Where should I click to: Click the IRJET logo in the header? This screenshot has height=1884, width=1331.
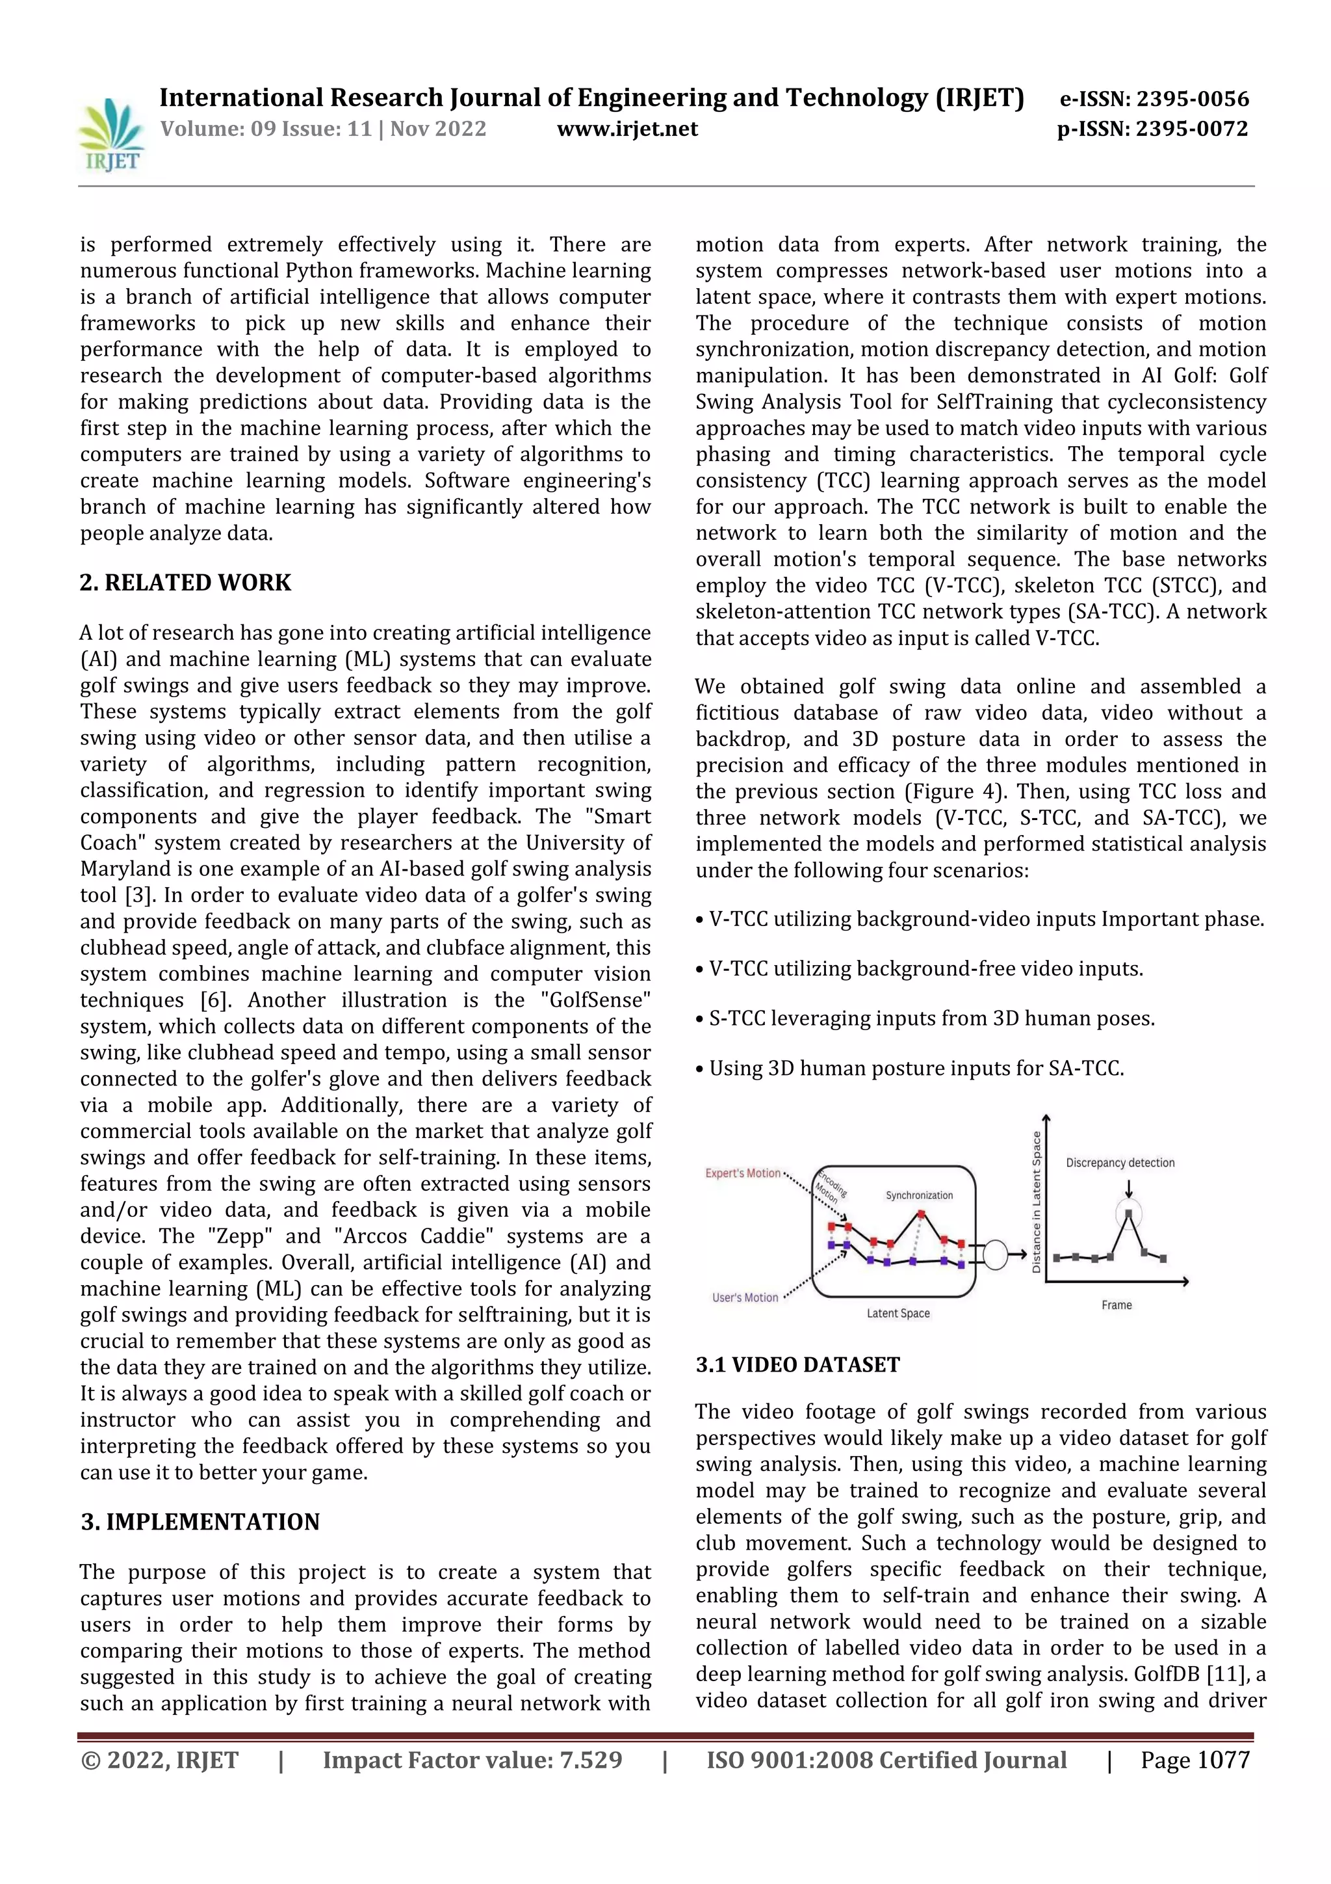[110, 135]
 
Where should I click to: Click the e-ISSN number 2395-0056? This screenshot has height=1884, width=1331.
[1191, 100]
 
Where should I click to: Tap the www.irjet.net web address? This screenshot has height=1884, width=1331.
[627, 129]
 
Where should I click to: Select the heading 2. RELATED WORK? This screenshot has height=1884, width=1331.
[185, 583]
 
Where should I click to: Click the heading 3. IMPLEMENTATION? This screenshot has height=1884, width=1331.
[200, 1522]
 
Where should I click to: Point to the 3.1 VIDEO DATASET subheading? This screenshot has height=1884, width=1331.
[797, 1364]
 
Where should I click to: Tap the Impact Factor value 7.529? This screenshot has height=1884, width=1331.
[587, 1759]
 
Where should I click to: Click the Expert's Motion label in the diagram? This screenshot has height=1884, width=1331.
[742, 1173]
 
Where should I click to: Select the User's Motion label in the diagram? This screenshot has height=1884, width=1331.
[745, 1297]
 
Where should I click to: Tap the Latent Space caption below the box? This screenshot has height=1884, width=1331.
[898, 1313]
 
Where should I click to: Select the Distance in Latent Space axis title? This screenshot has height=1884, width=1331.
[1037, 1202]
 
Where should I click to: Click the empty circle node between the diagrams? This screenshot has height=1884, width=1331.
[995, 1254]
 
